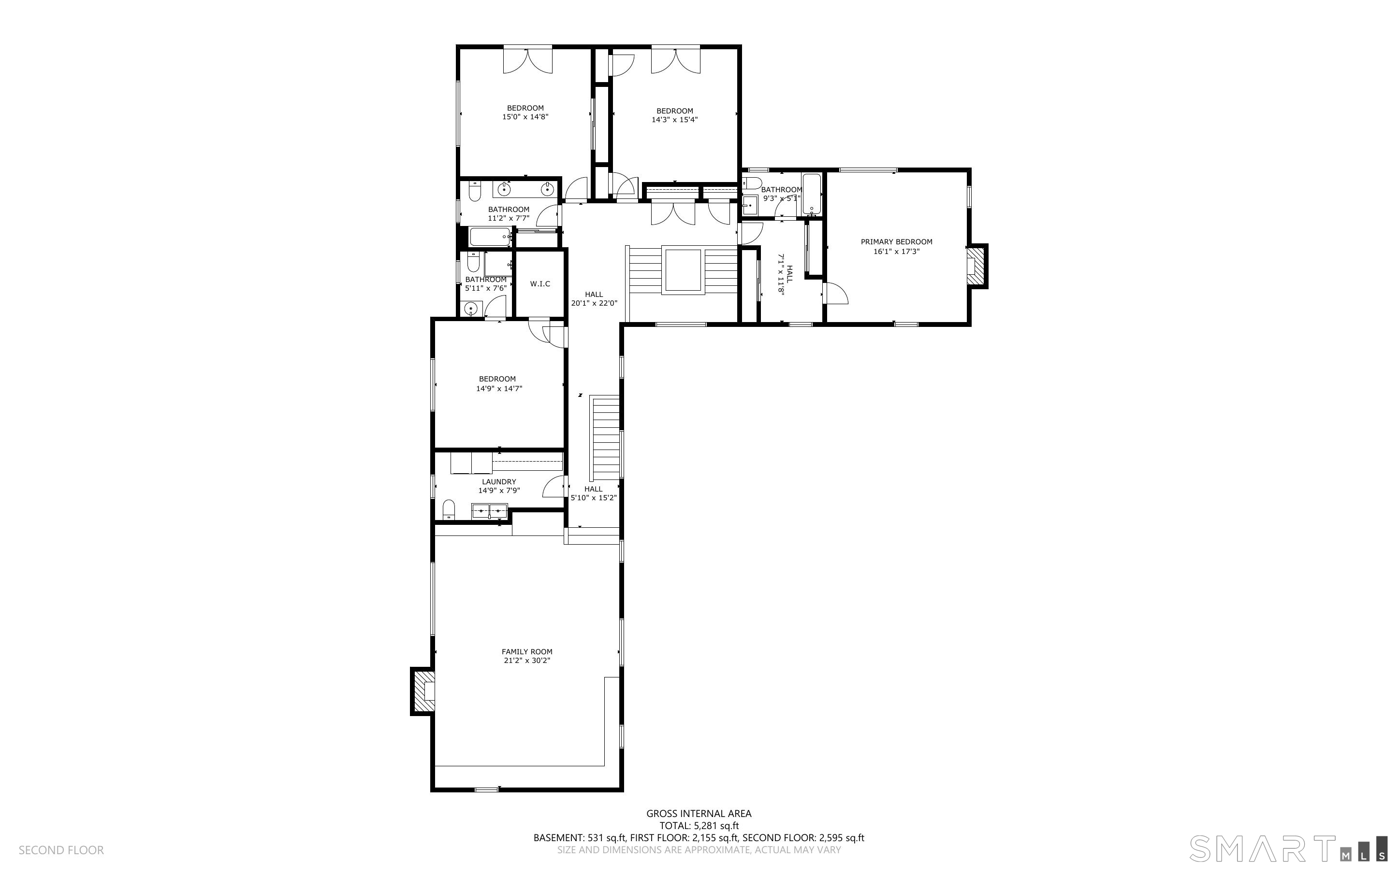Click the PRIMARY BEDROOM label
pyautogui.click(x=896, y=242)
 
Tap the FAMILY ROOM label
pyautogui.click(x=526, y=651)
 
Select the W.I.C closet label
pyautogui.click(x=539, y=283)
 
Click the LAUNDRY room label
pyautogui.click(x=499, y=481)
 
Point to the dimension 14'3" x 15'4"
pyautogui.click(x=674, y=120)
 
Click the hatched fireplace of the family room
pyautogui.click(x=423, y=691)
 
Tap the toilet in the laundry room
pyautogui.click(x=449, y=510)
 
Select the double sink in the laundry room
pyautogui.click(x=489, y=511)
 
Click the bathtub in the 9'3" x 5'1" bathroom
pyautogui.click(x=811, y=194)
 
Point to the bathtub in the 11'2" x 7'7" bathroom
pyautogui.click(x=490, y=237)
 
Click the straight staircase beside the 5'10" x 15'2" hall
pyautogui.click(x=605, y=437)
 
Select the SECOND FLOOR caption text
pyautogui.click(x=61, y=850)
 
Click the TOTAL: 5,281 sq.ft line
pyautogui.click(x=699, y=826)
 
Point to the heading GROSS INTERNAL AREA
pyautogui.click(x=699, y=814)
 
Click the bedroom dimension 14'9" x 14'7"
pyautogui.click(x=499, y=389)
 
